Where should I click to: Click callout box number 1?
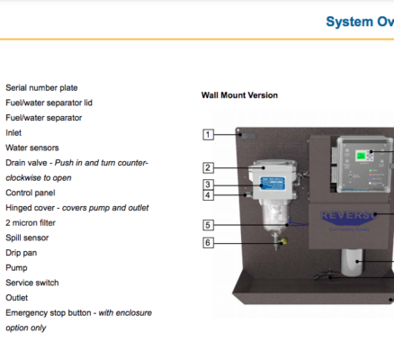click(208, 134)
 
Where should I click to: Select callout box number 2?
click(208, 167)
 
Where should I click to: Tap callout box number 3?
click(208, 184)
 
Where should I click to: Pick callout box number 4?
click(208, 195)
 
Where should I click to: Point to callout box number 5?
click(208, 225)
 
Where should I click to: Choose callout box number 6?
click(208, 243)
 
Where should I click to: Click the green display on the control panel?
click(361, 156)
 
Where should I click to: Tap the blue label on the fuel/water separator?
click(273, 184)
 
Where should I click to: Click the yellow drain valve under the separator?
click(283, 240)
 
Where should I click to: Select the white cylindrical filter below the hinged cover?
click(352, 263)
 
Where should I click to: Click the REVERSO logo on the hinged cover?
click(349, 216)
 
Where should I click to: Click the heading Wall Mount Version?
click(239, 95)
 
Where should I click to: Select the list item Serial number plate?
click(41, 88)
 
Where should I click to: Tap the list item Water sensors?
click(32, 148)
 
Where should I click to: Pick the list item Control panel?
click(31, 193)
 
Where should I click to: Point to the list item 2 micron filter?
click(31, 223)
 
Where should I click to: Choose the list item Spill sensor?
click(27, 238)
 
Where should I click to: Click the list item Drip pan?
click(22, 253)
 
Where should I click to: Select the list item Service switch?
click(32, 283)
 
